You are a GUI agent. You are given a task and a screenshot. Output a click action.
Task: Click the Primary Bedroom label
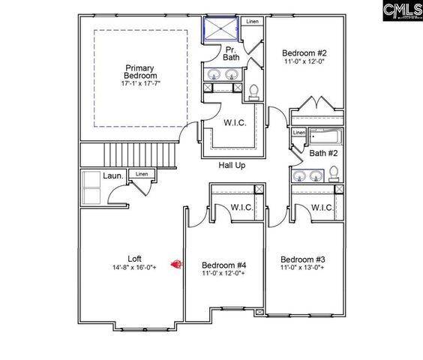pyautogui.click(x=141, y=71)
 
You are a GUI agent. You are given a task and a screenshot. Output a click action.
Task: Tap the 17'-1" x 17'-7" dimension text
pyautogui.click(x=141, y=83)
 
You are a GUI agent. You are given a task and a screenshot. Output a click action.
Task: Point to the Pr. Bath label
pyautogui.click(x=231, y=53)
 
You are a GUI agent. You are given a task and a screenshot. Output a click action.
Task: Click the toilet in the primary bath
pyautogui.click(x=254, y=91)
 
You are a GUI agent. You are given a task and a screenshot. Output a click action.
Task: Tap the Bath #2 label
pyautogui.click(x=323, y=154)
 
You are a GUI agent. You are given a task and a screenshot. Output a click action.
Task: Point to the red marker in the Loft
pyautogui.click(x=177, y=263)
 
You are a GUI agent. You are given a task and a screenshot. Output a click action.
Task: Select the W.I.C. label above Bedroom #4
pyautogui.click(x=241, y=208)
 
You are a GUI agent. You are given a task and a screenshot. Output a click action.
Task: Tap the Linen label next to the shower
pyautogui.click(x=253, y=21)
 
